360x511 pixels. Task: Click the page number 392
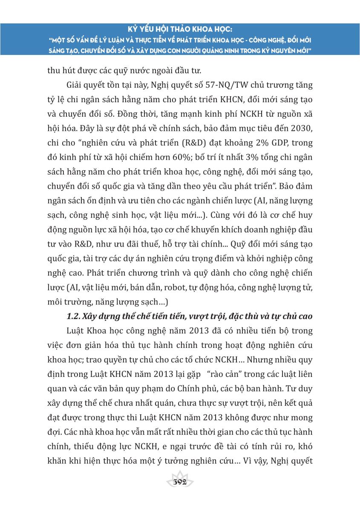point(179,482)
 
